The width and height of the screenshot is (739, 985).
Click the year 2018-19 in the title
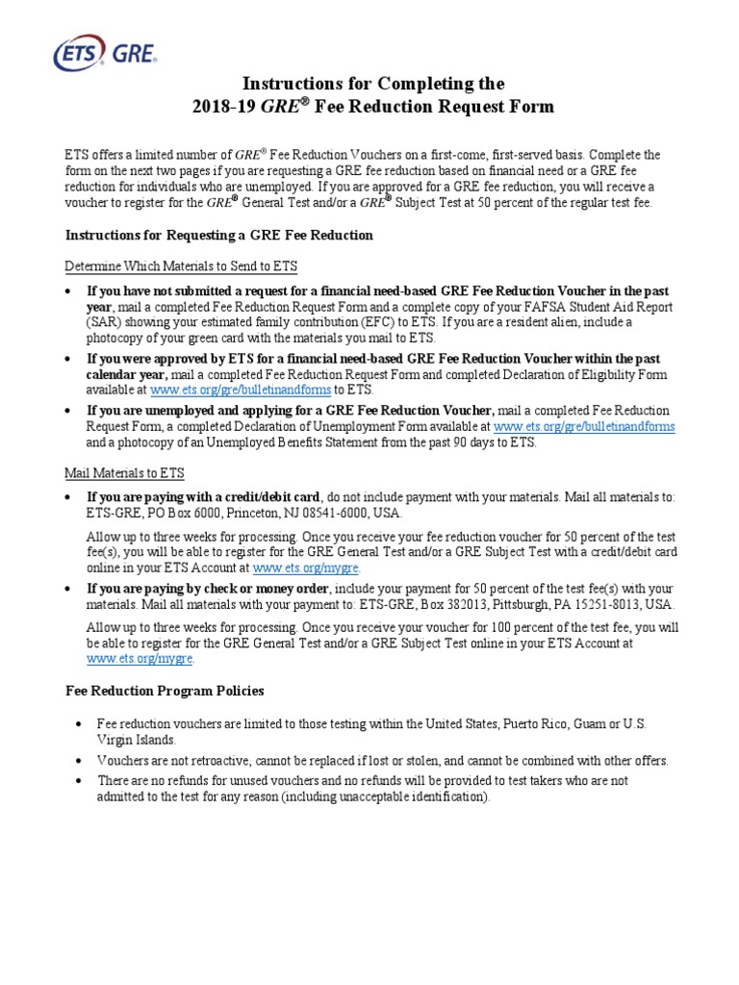coord(219,107)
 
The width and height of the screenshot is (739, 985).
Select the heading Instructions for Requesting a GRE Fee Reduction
coord(218,235)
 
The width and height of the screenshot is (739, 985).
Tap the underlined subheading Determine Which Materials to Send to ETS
coord(187,265)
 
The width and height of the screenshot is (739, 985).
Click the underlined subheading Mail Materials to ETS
coord(124,473)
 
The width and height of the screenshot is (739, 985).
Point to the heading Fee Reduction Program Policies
coord(165,691)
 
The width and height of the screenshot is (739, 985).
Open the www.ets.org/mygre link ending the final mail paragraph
coord(140,659)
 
